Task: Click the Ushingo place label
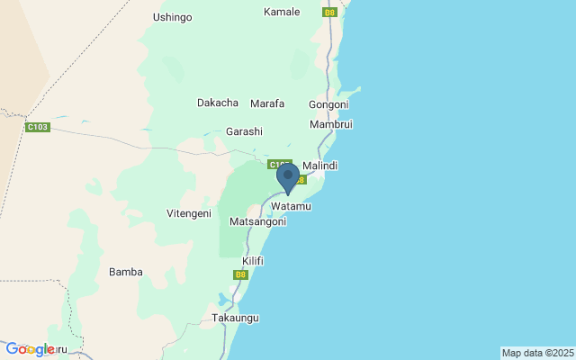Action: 173,17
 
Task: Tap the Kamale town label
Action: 282,12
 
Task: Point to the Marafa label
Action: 267,103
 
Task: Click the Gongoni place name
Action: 328,104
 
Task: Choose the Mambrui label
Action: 330,124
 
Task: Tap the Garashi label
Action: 244,131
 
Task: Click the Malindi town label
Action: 319,166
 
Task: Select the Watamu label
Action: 291,207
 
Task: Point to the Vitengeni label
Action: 189,213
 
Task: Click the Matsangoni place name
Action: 258,221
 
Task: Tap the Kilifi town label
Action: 241,260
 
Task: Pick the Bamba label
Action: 125,272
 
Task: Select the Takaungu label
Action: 235,319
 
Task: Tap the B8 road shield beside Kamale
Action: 329,13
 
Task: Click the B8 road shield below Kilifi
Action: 240,274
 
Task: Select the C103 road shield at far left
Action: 38,128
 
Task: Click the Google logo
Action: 31,349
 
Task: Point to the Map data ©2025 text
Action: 537,353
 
